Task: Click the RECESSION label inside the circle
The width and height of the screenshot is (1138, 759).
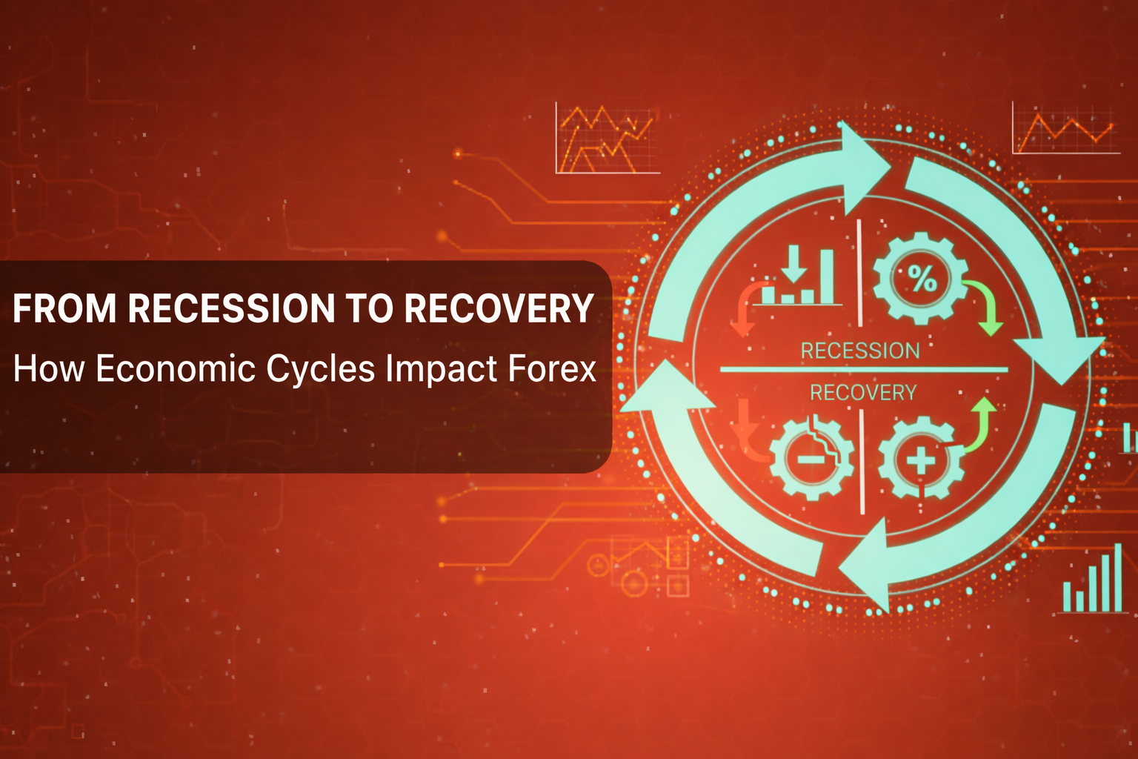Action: [x=860, y=351]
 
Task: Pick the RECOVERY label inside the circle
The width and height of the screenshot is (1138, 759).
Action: [x=863, y=392]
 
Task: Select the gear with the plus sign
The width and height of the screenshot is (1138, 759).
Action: [x=920, y=460]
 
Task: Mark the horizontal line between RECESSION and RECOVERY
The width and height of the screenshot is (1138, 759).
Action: [x=863, y=369]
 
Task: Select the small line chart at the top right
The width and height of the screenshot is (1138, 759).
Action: [x=1065, y=129]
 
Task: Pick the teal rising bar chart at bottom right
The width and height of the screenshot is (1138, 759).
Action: [x=1094, y=582]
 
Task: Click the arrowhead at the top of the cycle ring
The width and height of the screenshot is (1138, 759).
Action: [x=863, y=167]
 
